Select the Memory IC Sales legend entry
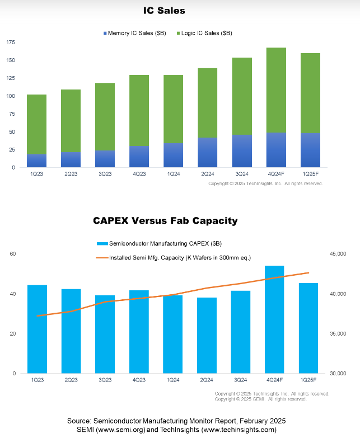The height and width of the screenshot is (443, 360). click(x=135, y=33)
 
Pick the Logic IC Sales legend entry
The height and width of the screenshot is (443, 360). click(x=204, y=33)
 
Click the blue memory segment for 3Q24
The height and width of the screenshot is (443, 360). click(x=242, y=151)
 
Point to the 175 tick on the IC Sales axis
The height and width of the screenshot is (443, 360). click(x=11, y=42)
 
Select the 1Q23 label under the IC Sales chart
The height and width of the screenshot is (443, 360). click(x=36, y=174)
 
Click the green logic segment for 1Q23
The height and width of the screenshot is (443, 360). click(x=36, y=124)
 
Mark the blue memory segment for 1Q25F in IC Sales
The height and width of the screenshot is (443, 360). click(x=310, y=150)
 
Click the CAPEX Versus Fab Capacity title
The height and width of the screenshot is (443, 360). click(x=165, y=221)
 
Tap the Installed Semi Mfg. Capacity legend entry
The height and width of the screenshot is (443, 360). click(x=174, y=258)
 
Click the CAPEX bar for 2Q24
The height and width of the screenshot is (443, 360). click(x=208, y=335)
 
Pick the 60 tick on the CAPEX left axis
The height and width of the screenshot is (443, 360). click(x=13, y=254)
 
